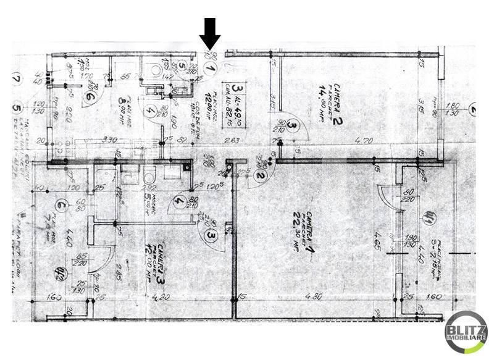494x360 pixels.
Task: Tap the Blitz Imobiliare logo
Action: [466, 333]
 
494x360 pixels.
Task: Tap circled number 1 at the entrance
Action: [211, 70]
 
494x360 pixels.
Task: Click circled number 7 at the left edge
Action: [17, 78]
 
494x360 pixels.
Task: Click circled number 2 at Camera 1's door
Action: [261, 177]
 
